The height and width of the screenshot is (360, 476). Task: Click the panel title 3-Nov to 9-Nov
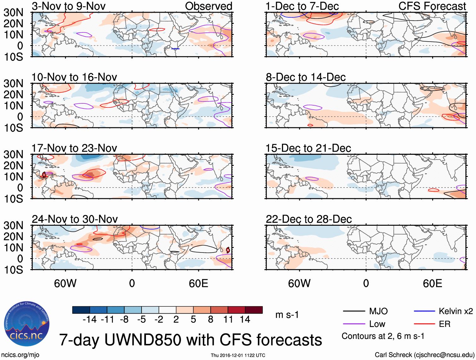click(68, 6)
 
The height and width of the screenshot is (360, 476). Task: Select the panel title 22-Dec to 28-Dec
click(309, 219)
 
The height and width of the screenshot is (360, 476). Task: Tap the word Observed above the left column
click(208, 6)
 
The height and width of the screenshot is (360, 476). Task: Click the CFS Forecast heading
click(432, 6)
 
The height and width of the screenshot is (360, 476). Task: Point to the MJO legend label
click(378, 311)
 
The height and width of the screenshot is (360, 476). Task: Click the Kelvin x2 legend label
click(456, 311)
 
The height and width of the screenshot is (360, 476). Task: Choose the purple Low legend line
click(354, 324)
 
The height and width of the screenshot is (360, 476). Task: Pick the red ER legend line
click(424, 324)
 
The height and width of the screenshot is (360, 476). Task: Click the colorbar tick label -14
click(90, 320)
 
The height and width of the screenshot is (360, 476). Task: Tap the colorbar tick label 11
click(228, 320)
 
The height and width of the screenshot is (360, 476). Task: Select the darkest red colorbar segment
click(254, 310)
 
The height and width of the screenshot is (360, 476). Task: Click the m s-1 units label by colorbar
click(287, 315)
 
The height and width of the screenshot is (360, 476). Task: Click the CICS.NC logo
click(26, 324)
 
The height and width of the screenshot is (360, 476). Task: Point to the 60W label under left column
click(65, 283)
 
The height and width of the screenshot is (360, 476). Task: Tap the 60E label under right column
click(432, 283)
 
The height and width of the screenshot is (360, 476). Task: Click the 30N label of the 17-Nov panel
click(13, 154)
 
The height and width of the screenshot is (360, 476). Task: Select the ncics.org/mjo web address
click(20, 355)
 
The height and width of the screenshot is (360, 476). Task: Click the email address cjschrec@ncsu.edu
click(444, 355)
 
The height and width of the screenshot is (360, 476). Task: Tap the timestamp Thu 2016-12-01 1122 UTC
click(238, 355)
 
